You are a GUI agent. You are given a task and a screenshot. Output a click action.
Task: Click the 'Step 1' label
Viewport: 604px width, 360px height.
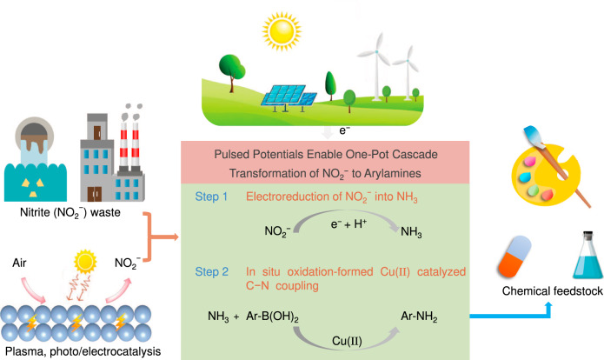pyautogui.click(x=212, y=197)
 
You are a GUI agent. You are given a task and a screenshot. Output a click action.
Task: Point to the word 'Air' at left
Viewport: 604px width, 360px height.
pyautogui.click(x=25, y=260)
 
